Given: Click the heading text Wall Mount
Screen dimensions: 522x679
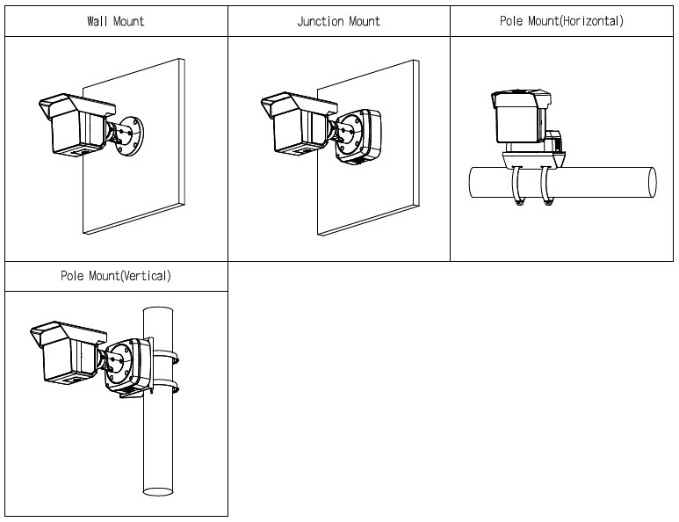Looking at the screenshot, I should [115, 21].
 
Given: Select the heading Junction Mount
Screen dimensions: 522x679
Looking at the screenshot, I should [338, 21].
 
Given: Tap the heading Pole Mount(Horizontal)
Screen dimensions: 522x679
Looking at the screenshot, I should [561, 21].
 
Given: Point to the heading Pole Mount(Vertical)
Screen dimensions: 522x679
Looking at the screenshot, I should [115, 276].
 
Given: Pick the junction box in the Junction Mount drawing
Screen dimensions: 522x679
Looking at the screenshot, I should [361, 136].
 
